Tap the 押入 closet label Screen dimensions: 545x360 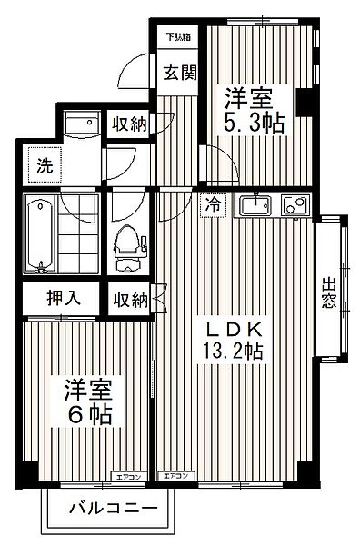63,297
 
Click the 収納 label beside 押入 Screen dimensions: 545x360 129,297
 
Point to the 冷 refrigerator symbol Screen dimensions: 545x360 211,205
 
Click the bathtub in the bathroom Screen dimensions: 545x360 39,233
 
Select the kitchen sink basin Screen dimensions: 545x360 257,206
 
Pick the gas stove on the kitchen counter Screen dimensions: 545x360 295,206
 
